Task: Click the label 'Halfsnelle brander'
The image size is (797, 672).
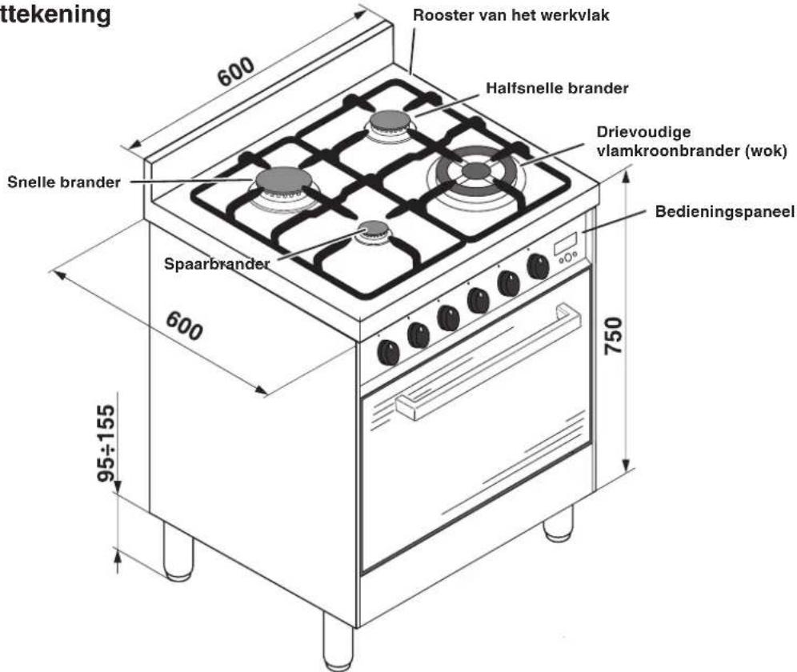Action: [557, 88]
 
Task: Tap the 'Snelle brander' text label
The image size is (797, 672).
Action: [63, 182]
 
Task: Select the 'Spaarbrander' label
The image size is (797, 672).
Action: [217, 264]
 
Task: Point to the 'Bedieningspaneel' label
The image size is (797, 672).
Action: [724, 211]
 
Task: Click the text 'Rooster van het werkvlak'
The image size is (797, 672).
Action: [511, 14]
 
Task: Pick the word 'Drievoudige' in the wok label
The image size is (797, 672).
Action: [643, 132]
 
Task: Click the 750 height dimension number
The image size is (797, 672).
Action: [614, 335]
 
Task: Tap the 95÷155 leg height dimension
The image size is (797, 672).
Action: [106, 442]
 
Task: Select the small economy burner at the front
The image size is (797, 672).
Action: [374, 232]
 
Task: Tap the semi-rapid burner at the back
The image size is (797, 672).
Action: [390, 123]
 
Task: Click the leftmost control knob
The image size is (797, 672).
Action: [388, 352]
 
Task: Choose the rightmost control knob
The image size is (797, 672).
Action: [538, 266]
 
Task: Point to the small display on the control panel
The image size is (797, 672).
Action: [565, 243]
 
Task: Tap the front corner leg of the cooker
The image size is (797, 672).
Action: [338, 642]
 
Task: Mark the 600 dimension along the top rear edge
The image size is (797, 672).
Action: [235, 71]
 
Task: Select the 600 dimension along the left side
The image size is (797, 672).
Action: [184, 326]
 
